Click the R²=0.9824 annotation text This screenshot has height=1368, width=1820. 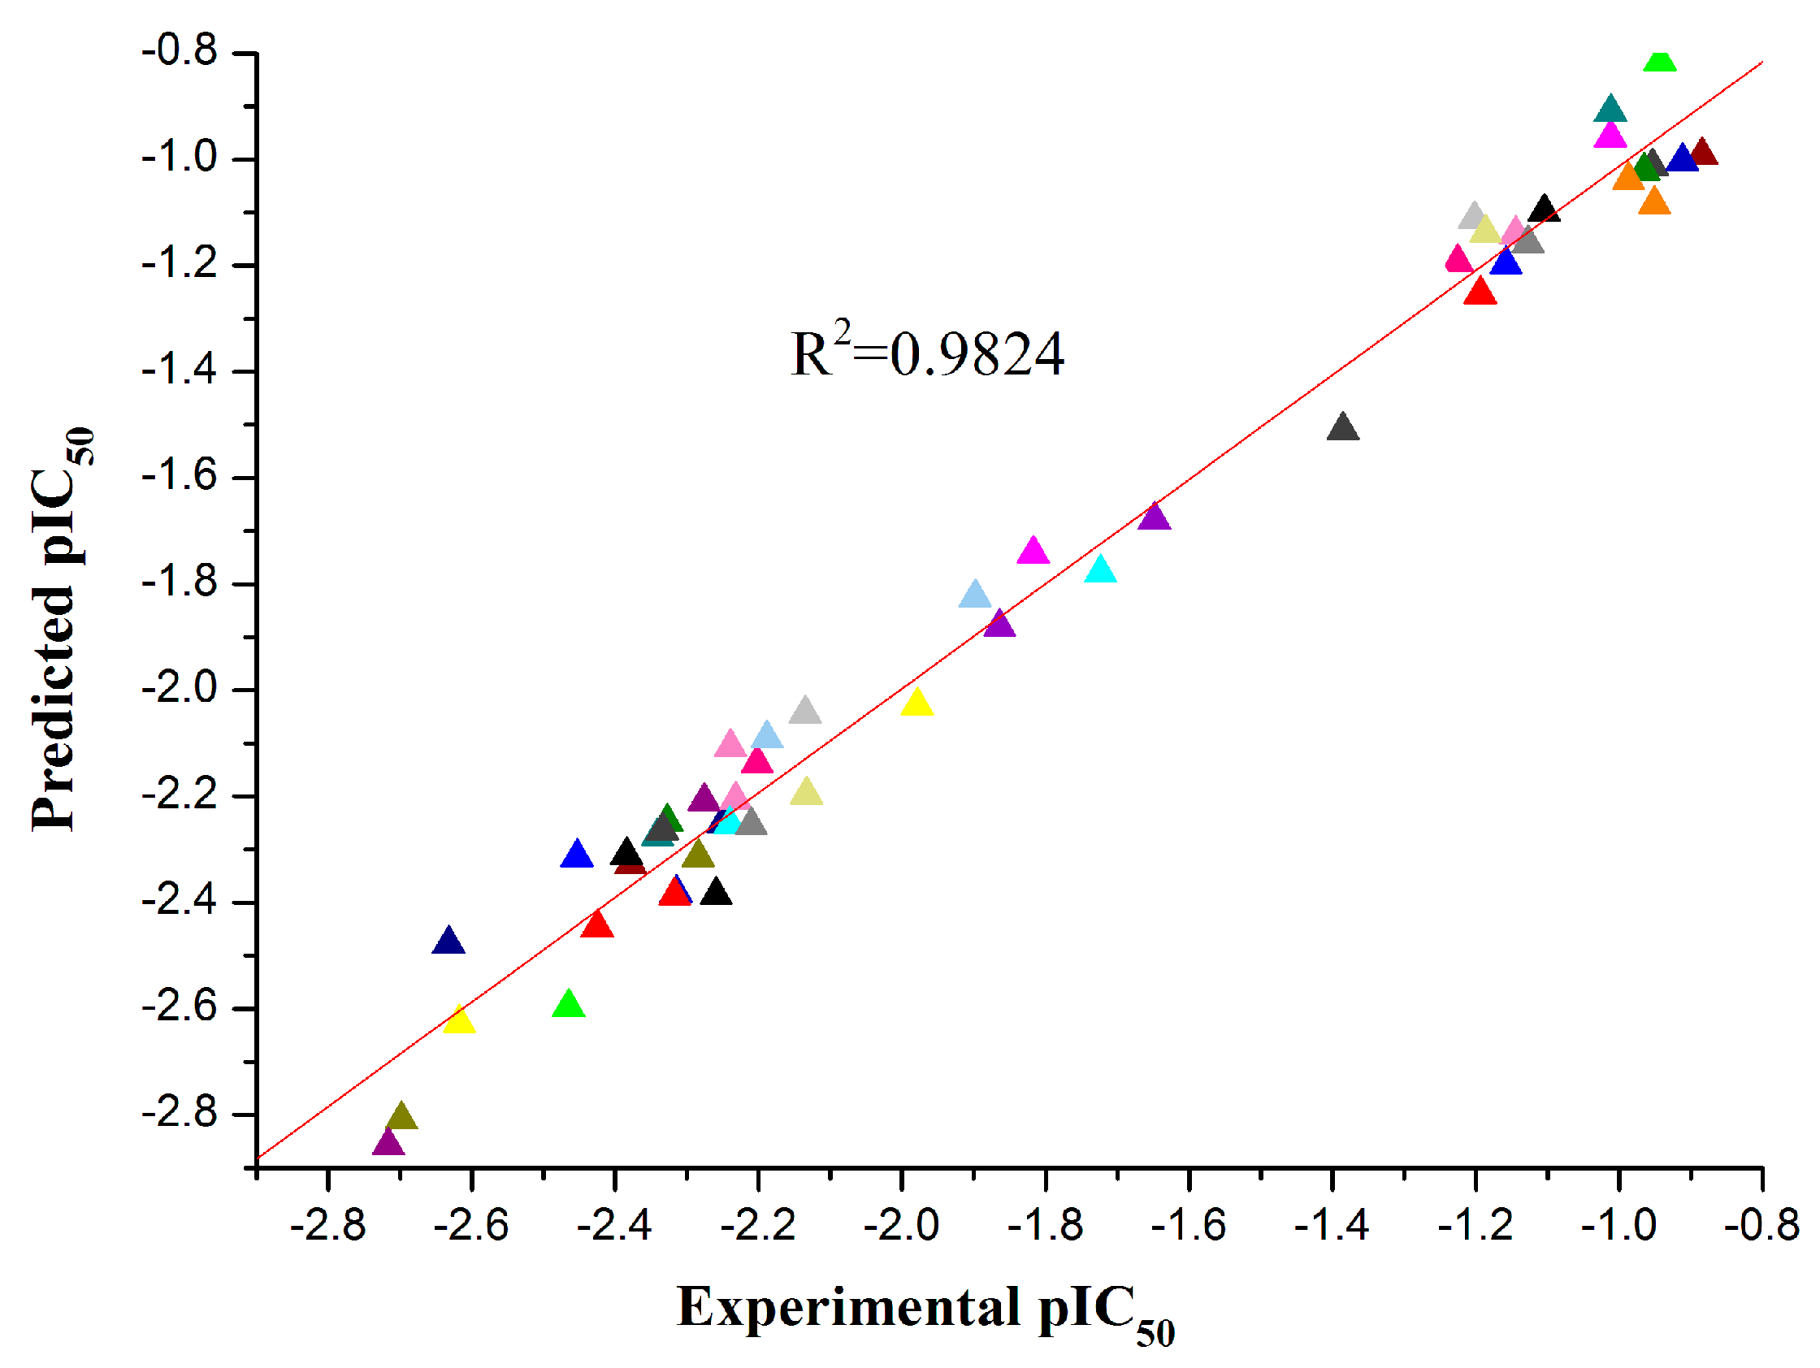click(x=926, y=354)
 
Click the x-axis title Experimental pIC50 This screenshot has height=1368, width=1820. click(x=925, y=1310)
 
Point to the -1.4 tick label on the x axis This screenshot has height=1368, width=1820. click(x=1331, y=1227)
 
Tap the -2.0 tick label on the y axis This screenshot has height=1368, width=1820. click(x=180, y=690)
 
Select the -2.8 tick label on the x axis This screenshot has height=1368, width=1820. click(x=327, y=1227)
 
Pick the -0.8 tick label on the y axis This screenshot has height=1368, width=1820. click(x=180, y=52)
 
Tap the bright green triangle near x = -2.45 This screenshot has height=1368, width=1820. click(x=569, y=1005)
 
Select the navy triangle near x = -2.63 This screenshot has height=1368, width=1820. click(x=448, y=942)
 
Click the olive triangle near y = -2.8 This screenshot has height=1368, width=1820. click(x=401, y=1118)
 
